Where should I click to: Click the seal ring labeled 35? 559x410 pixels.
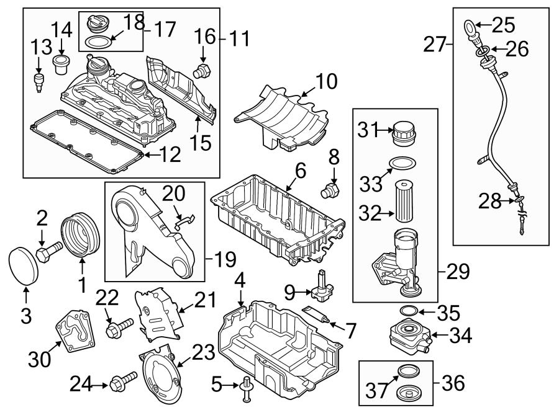(x=407, y=310)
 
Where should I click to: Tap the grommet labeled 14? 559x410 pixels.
(x=60, y=64)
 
